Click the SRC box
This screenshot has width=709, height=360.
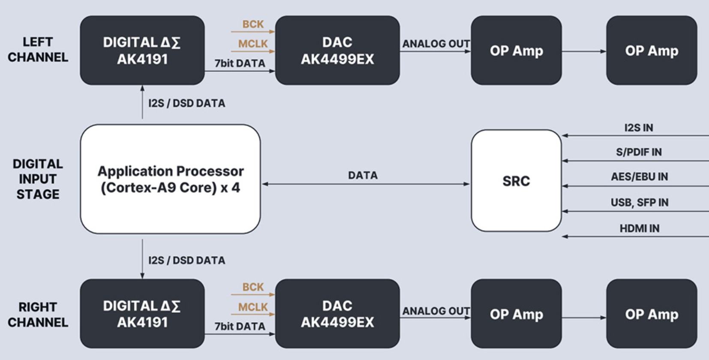(516, 180)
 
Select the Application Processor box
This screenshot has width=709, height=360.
(171, 179)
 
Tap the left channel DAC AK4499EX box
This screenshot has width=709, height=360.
(337, 50)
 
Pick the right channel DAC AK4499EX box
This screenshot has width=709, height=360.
(337, 313)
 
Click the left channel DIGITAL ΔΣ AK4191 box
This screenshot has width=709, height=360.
(142, 50)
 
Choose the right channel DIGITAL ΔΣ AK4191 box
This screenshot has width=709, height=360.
(142, 313)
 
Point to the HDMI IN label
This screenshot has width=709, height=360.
(640, 228)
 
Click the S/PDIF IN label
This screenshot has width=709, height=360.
(639, 152)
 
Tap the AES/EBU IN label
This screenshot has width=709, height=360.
(640, 177)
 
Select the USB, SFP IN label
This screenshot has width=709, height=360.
(640, 202)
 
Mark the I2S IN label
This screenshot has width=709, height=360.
(639, 128)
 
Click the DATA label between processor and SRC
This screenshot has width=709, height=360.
(363, 175)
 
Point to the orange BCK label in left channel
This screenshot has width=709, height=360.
(253, 24)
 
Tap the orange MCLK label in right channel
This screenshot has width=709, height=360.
(253, 307)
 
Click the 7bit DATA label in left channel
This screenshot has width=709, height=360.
(240, 63)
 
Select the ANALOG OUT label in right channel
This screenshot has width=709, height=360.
(436, 311)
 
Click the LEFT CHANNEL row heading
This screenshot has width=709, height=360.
(38, 50)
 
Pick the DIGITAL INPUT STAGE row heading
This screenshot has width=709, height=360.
(38, 179)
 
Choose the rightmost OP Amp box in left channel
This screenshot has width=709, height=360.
(652, 50)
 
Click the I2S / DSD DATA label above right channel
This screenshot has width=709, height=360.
(187, 260)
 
